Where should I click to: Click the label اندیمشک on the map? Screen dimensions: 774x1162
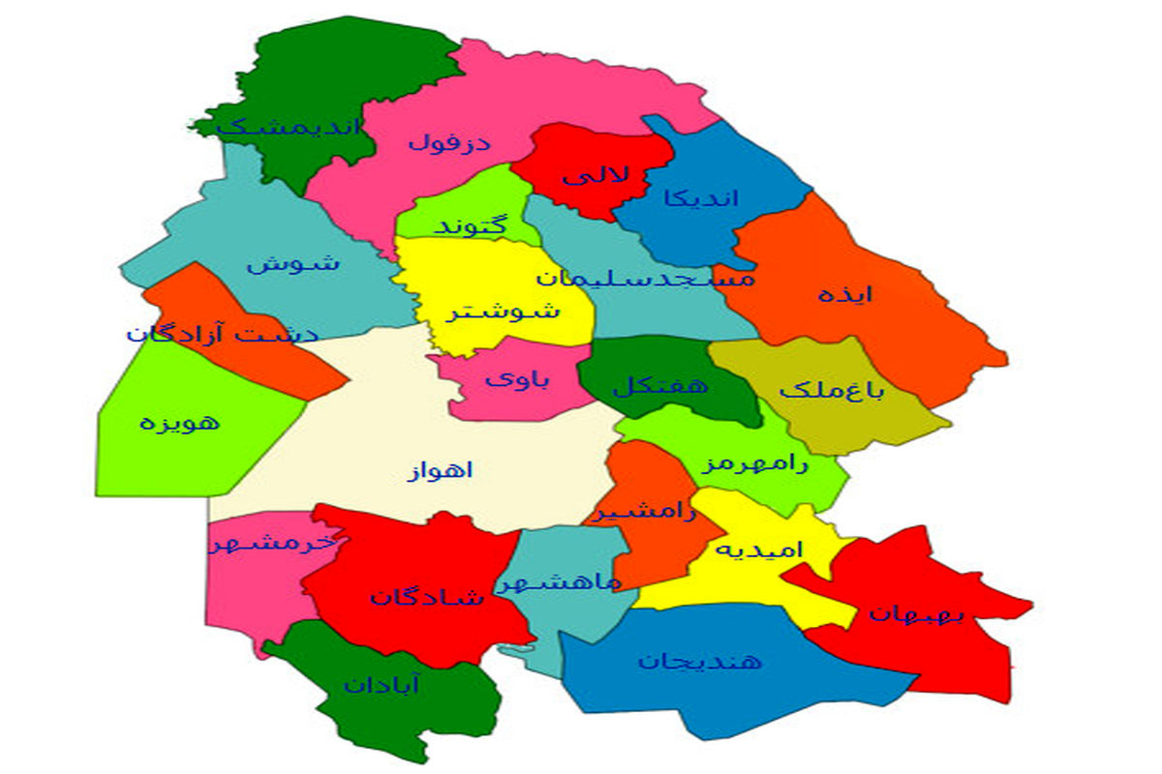point(290,127)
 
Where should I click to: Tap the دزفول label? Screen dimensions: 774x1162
point(448,143)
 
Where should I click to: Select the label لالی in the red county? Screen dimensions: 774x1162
point(596,175)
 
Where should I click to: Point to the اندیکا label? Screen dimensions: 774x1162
point(701,198)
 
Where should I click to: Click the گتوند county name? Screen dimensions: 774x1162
point(472,226)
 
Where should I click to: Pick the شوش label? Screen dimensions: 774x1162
point(292,263)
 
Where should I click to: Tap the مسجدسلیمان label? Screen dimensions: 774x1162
point(645,279)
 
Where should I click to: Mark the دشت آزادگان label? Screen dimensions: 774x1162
point(222,335)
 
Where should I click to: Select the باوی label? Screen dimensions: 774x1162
point(517,379)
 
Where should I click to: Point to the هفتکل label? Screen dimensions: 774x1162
point(660,385)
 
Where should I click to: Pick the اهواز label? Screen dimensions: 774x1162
point(441,472)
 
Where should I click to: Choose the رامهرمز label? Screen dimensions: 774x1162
point(754,463)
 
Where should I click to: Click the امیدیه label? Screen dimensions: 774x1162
point(759,551)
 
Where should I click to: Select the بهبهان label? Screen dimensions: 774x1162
point(915,612)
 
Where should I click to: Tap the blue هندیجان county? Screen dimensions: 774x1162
point(699,662)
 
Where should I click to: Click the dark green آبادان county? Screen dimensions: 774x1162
point(382,685)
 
